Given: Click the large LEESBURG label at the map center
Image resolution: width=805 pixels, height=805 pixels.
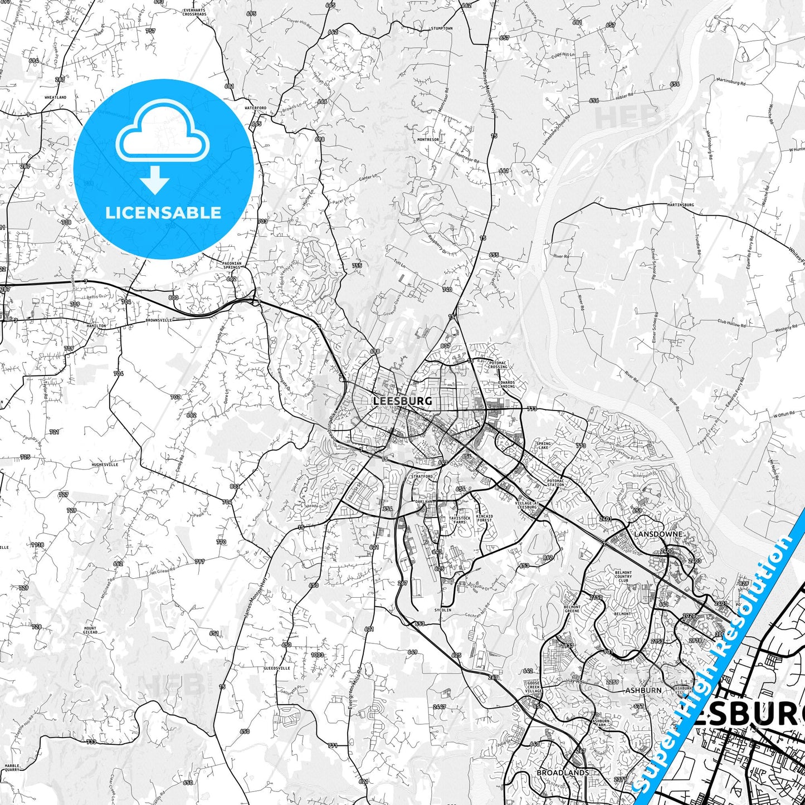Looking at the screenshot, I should pyautogui.click(x=402, y=401).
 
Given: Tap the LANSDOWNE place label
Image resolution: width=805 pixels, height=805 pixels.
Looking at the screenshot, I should pyautogui.click(x=658, y=534).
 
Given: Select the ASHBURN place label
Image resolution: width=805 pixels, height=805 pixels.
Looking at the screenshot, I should pyautogui.click(x=643, y=690).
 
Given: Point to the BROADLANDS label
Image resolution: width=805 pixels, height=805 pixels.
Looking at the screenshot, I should pyautogui.click(x=563, y=773).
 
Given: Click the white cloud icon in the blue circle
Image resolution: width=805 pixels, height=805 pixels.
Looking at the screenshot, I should pyautogui.click(x=163, y=132).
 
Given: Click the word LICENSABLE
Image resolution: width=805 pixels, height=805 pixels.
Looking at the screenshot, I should pyautogui.click(x=163, y=212).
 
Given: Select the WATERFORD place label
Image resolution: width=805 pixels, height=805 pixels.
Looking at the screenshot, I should pyautogui.click(x=256, y=108).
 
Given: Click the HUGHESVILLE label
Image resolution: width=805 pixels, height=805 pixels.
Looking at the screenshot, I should pyautogui.click(x=105, y=464).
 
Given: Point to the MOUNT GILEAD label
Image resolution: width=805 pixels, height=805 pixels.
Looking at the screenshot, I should pyautogui.click(x=90, y=631).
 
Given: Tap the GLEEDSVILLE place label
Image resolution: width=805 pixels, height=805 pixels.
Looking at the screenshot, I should pyautogui.click(x=277, y=667).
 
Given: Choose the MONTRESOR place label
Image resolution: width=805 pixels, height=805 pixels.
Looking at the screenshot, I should pyautogui.click(x=428, y=139).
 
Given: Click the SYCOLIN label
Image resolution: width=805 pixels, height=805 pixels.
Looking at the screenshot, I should pyautogui.click(x=443, y=610).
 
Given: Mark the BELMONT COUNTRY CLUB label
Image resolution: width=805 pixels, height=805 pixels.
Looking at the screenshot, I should pyautogui.click(x=623, y=577).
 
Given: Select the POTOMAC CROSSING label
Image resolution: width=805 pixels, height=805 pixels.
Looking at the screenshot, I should pyautogui.click(x=497, y=365).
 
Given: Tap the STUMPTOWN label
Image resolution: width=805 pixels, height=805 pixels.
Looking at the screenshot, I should pyautogui.click(x=441, y=28).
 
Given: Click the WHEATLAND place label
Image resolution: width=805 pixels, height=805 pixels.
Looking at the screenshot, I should pyautogui.click(x=55, y=97).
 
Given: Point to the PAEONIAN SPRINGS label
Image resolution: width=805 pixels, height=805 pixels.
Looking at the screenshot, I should pyautogui.click(x=232, y=265).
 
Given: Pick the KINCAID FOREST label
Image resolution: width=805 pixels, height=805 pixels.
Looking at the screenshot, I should pyautogui.click(x=485, y=518).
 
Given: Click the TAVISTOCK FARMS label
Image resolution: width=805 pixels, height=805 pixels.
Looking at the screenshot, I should pyautogui.click(x=460, y=520).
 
